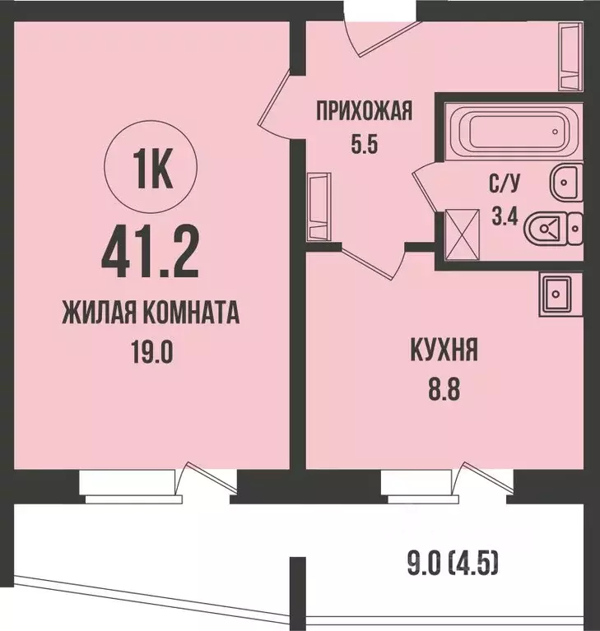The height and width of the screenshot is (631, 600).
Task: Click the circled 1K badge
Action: (151, 169)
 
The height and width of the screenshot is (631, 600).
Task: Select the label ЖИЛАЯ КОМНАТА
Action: (151, 314)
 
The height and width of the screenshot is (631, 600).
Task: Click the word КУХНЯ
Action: (443, 355)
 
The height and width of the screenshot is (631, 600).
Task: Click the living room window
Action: (130, 485)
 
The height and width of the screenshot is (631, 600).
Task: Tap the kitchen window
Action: (425, 485)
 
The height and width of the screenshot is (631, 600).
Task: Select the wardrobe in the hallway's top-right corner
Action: (570, 54)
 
